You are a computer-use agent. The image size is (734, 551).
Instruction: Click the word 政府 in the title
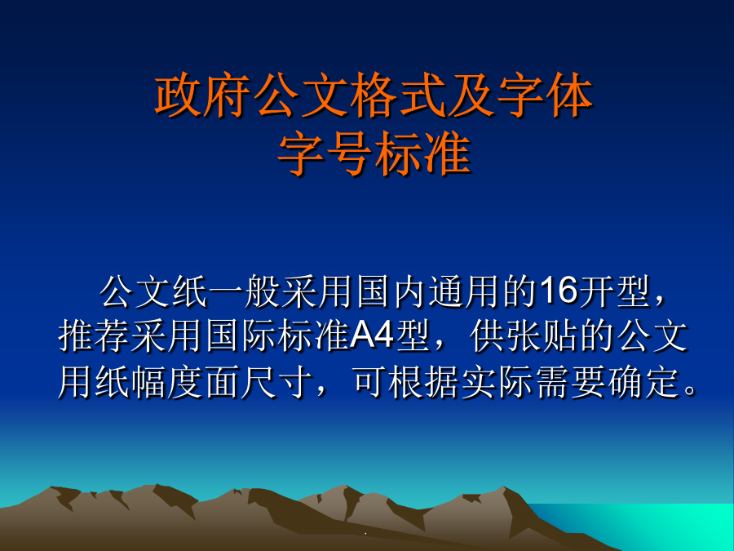tap(202, 96)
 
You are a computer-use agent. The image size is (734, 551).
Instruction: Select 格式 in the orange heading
tap(399, 96)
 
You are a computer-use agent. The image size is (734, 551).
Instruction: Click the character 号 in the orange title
tap(350, 153)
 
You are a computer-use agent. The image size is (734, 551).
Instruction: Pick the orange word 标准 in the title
tap(422, 153)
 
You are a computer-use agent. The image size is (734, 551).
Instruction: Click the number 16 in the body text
tap(559, 291)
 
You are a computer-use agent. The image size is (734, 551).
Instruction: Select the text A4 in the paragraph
tap(371, 335)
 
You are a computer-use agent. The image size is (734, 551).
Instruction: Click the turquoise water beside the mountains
tap(656, 525)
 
